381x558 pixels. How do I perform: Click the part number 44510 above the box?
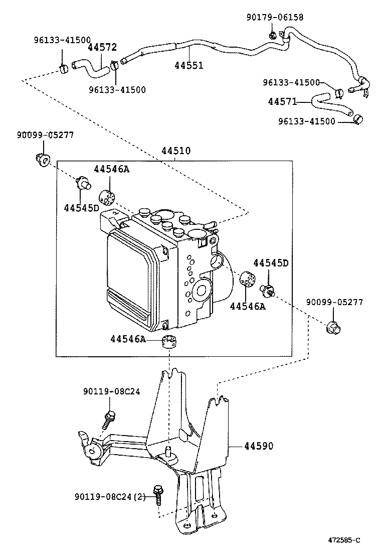(x=176, y=151)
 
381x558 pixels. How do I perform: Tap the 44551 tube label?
(x=188, y=65)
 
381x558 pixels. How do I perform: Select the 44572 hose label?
(x=102, y=47)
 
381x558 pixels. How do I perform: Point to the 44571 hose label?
(x=283, y=102)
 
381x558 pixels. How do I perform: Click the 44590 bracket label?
(x=259, y=446)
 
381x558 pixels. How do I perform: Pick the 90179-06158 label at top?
(x=275, y=17)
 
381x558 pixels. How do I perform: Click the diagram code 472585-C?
(x=344, y=540)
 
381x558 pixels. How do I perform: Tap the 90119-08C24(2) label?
(x=110, y=496)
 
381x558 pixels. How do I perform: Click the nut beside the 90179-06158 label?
(x=273, y=35)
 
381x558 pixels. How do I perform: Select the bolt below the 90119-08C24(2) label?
(x=157, y=495)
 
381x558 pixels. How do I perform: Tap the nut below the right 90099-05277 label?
(x=333, y=327)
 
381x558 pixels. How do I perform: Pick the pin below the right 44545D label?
(x=267, y=290)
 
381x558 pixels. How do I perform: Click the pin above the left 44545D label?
(x=83, y=183)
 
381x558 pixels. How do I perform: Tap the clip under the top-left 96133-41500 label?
(x=64, y=68)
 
